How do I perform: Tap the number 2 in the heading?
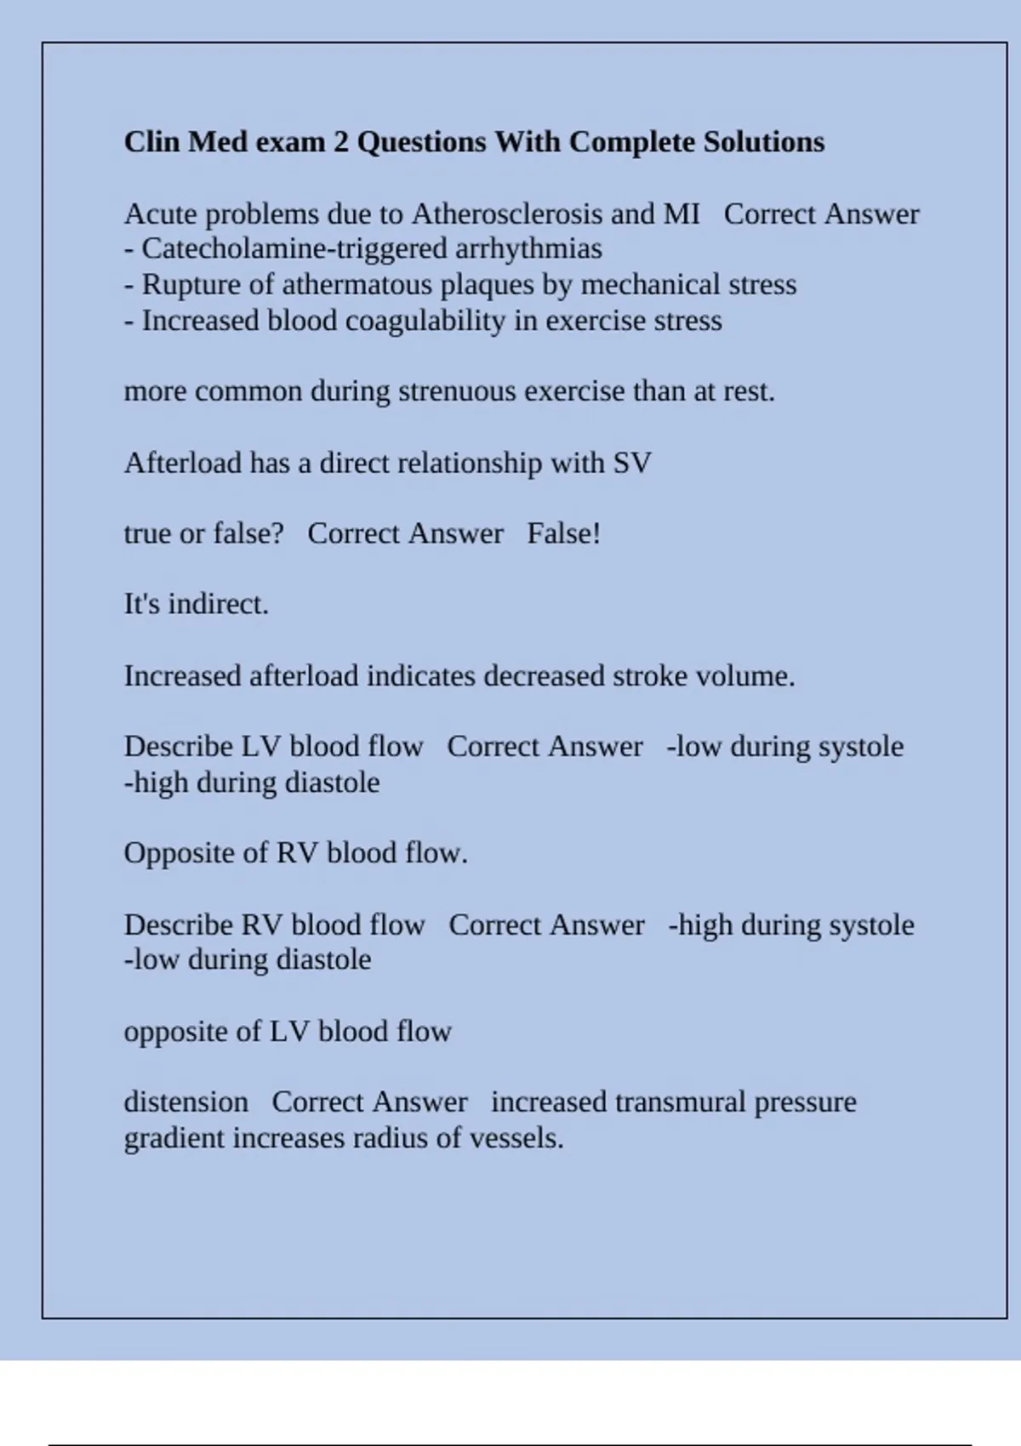click(340, 142)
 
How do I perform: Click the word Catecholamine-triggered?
click(294, 249)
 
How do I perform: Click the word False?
click(563, 534)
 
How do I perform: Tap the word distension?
click(186, 1102)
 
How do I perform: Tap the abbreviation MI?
click(682, 214)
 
